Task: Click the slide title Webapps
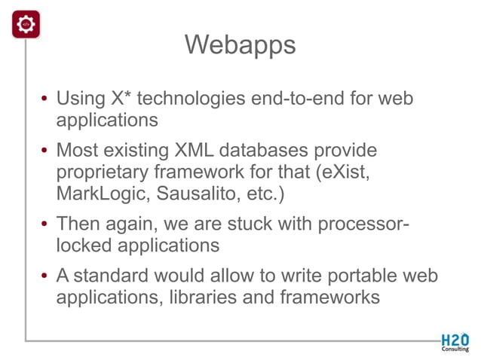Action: click(240, 45)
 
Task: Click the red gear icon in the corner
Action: click(26, 25)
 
